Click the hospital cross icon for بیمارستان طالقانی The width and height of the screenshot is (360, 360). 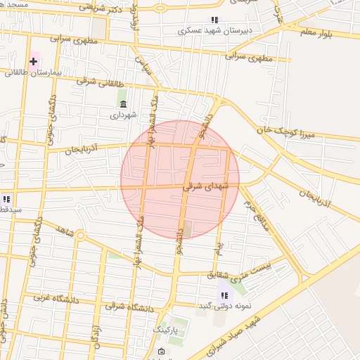tap(33, 61)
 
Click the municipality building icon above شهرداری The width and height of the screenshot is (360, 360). tap(124, 104)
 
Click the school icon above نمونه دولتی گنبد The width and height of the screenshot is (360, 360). tap(224, 295)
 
